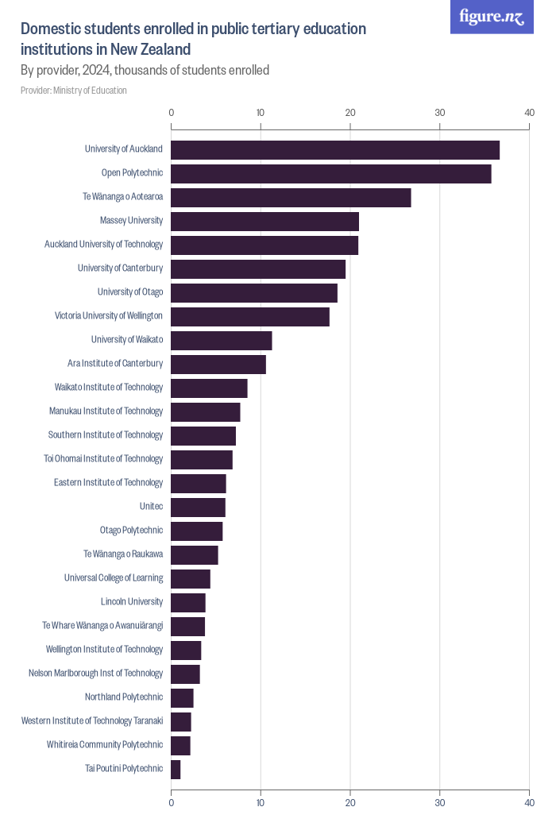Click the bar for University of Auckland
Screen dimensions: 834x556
click(335, 150)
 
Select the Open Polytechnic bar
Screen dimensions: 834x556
click(331, 174)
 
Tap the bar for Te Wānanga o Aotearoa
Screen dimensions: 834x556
click(291, 198)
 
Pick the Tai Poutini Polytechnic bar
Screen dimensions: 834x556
click(176, 770)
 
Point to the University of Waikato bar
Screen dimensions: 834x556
click(222, 341)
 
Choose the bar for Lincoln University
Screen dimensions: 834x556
click(188, 603)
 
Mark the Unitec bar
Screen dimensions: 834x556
click(199, 508)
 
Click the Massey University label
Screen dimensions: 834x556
click(131, 220)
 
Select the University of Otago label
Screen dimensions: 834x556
click(130, 292)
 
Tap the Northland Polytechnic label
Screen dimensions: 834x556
click(124, 697)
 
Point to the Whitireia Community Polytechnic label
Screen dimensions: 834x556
click(105, 744)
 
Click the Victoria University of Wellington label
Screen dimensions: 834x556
click(109, 315)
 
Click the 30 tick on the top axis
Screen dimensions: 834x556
click(440, 113)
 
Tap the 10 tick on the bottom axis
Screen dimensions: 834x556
click(261, 803)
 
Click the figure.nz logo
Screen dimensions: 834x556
click(492, 17)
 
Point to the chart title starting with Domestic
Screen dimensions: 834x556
click(193, 39)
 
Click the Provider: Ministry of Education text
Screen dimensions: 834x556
click(74, 91)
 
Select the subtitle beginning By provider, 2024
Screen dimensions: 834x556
click(145, 70)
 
